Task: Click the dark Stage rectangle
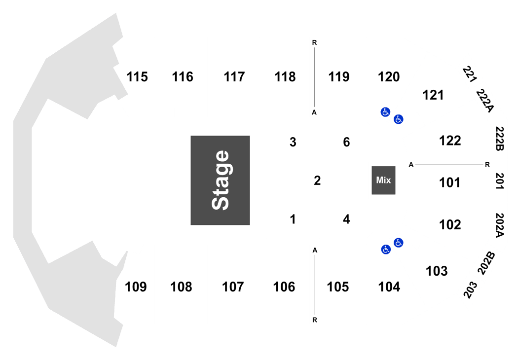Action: (220, 180)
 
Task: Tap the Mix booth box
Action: (383, 180)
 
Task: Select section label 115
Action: (137, 77)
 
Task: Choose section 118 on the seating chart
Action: (285, 77)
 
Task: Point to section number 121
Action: (433, 95)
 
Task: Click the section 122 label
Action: (450, 141)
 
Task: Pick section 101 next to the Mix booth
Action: (449, 182)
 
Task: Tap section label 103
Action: (437, 271)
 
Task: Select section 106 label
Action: (284, 287)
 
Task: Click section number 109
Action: (136, 287)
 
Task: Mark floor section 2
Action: (317, 180)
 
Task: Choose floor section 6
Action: (346, 142)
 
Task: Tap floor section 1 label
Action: (293, 219)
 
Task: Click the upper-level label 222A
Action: (484, 101)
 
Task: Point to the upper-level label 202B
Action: (486, 263)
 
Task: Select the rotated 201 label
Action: (499, 181)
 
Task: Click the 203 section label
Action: (471, 290)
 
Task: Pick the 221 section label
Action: (470, 74)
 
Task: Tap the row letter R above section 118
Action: (315, 42)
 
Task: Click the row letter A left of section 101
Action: (411, 165)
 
